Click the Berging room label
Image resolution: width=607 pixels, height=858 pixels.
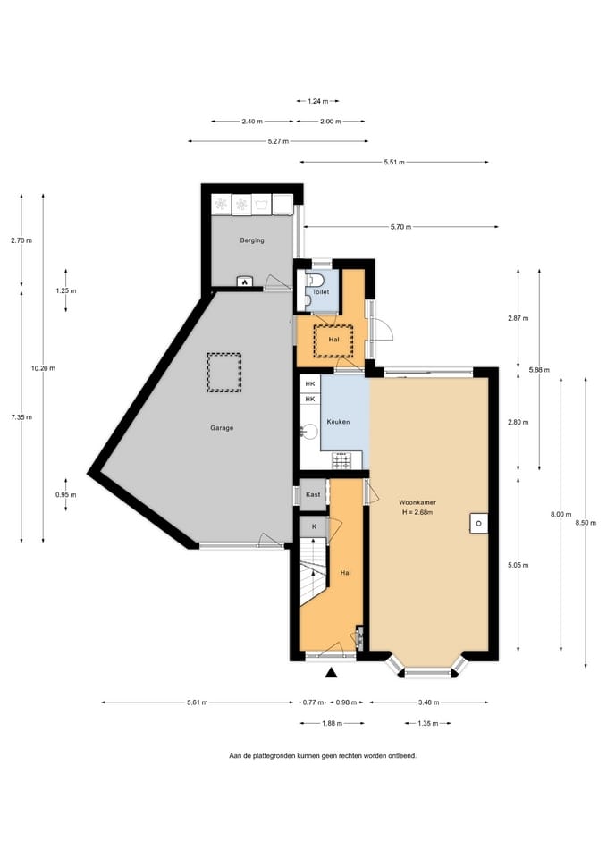click(x=252, y=240)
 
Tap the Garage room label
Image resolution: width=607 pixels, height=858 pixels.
click(x=222, y=428)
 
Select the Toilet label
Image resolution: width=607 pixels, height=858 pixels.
click(x=321, y=292)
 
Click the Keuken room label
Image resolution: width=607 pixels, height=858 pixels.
click(x=338, y=422)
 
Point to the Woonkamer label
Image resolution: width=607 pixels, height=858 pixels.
click(x=417, y=502)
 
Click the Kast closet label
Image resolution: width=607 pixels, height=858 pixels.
click(x=313, y=494)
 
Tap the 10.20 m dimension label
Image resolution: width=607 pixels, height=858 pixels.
click(x=43, y=368)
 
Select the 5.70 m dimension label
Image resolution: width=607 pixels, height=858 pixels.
click(x=400, y=227)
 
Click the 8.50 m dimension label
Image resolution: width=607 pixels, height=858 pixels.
click(x=586, y=523)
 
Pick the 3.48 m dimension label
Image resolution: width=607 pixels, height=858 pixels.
click(x=428, y=702)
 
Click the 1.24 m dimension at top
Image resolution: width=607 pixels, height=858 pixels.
click(x=318, y=101)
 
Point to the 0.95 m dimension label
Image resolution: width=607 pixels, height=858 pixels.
click(x=65, y=495)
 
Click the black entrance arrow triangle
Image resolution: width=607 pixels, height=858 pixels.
click(x=331, y=673)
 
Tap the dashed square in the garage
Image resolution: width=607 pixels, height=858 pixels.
click(x=223, y=373)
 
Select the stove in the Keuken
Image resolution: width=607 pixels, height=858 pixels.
click(x=341, y=460)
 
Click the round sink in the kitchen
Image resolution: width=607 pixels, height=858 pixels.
click(x=310, y=432)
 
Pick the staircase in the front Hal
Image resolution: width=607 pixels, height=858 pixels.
click(x=314, y=572)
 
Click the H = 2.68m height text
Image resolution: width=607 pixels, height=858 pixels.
click(x=417, y=513)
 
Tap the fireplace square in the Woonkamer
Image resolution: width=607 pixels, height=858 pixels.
click(x=478, y=524)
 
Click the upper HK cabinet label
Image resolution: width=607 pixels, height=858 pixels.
click(x=310, y=384)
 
